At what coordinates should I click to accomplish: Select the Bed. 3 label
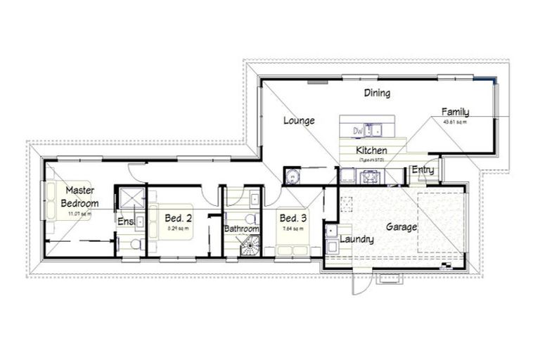point(292,217)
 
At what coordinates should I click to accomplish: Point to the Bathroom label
point(241,229)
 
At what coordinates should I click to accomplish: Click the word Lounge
point(299,120)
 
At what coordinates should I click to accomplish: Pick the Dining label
point(377,93)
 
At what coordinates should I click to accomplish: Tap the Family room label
point(455,112)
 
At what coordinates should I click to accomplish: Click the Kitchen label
point(371,150)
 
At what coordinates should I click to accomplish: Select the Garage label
point(401,227)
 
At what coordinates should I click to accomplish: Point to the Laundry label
point(356,240)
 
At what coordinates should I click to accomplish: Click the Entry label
point(423,169)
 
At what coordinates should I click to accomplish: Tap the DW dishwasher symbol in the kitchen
point(358,130)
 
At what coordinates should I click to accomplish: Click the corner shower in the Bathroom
point(250,245)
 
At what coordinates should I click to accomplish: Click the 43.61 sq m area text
point(455,122)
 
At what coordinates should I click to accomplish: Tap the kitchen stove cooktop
point(371,176)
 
